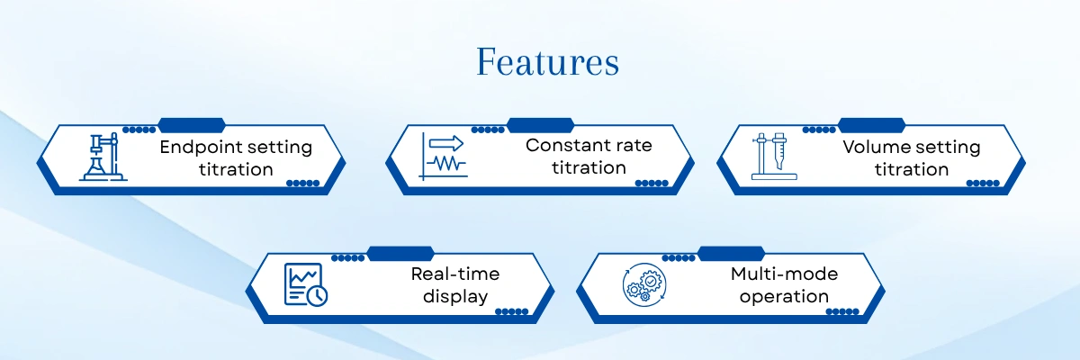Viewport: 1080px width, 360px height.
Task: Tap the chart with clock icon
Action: (306, 284)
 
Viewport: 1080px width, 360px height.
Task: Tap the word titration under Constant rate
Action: (589, 168)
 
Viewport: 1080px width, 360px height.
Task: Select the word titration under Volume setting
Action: (911, 170)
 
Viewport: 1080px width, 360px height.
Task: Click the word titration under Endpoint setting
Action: (236, 170)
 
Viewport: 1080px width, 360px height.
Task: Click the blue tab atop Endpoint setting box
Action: (192, 124)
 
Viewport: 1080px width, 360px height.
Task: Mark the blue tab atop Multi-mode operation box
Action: (732, 252)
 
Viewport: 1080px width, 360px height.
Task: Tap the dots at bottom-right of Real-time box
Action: (511, 311)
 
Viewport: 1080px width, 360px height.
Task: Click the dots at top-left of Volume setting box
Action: (819, 130)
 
